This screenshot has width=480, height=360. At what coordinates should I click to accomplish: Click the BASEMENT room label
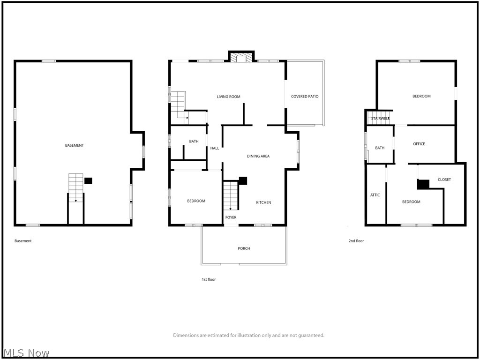coord(74,145)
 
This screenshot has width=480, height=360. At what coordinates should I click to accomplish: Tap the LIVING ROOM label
coord(228,97)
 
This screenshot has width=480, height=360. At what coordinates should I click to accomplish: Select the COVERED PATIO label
coord(305,97)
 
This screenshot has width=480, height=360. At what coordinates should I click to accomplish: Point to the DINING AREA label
coord(258,156)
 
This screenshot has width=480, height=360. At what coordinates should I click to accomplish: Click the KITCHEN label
coord(263,202)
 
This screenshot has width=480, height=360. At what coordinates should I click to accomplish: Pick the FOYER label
coord(231,217)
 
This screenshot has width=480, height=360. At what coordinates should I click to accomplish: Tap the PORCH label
coord(244,248)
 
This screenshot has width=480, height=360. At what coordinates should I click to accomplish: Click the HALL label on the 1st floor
coord(215,148)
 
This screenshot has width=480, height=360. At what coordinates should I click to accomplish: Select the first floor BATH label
coord(194,142)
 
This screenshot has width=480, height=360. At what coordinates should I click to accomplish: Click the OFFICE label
coord(419,144)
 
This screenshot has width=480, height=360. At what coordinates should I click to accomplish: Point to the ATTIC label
coord(375,195)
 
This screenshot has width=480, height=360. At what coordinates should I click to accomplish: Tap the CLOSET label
coord(444,180)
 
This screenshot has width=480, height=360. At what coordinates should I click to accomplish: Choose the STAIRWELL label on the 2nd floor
coord(380,119)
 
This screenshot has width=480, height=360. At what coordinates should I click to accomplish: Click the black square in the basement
coord(88,180)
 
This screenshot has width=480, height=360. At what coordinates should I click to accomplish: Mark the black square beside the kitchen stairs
coord(243,180)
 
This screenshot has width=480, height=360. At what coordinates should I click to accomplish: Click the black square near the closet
coord(423,184)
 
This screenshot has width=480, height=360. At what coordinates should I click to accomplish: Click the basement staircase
coord(75,187)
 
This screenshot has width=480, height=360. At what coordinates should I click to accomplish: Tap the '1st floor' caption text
coord(209,279)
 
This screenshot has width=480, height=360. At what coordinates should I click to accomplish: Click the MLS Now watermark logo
coord(26,353)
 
